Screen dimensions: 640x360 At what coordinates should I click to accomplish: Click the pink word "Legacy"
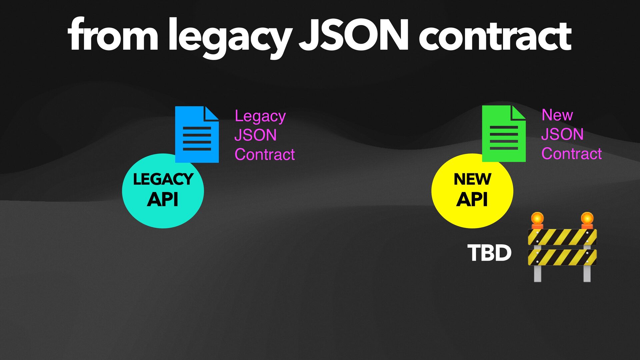click(260, 117)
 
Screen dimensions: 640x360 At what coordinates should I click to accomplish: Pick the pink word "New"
click(557, 115)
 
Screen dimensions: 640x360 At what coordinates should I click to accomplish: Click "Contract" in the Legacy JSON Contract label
click(265, 154)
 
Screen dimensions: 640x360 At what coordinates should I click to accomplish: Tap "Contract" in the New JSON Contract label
click(572, 154)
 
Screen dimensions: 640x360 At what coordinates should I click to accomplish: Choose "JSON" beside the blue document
click(255, 135)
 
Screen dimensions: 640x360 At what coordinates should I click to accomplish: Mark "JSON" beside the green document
click(562, 134)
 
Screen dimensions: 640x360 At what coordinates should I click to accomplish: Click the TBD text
click(489, 253)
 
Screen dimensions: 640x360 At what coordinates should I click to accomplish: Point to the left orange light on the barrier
click(537, 219)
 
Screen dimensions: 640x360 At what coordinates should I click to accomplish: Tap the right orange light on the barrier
click(587, 219)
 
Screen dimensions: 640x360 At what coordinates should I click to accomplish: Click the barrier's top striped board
click(562, 237)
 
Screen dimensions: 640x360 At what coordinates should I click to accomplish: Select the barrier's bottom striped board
click(562, 257)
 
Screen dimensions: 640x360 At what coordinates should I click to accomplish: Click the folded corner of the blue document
click(211, 113)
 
